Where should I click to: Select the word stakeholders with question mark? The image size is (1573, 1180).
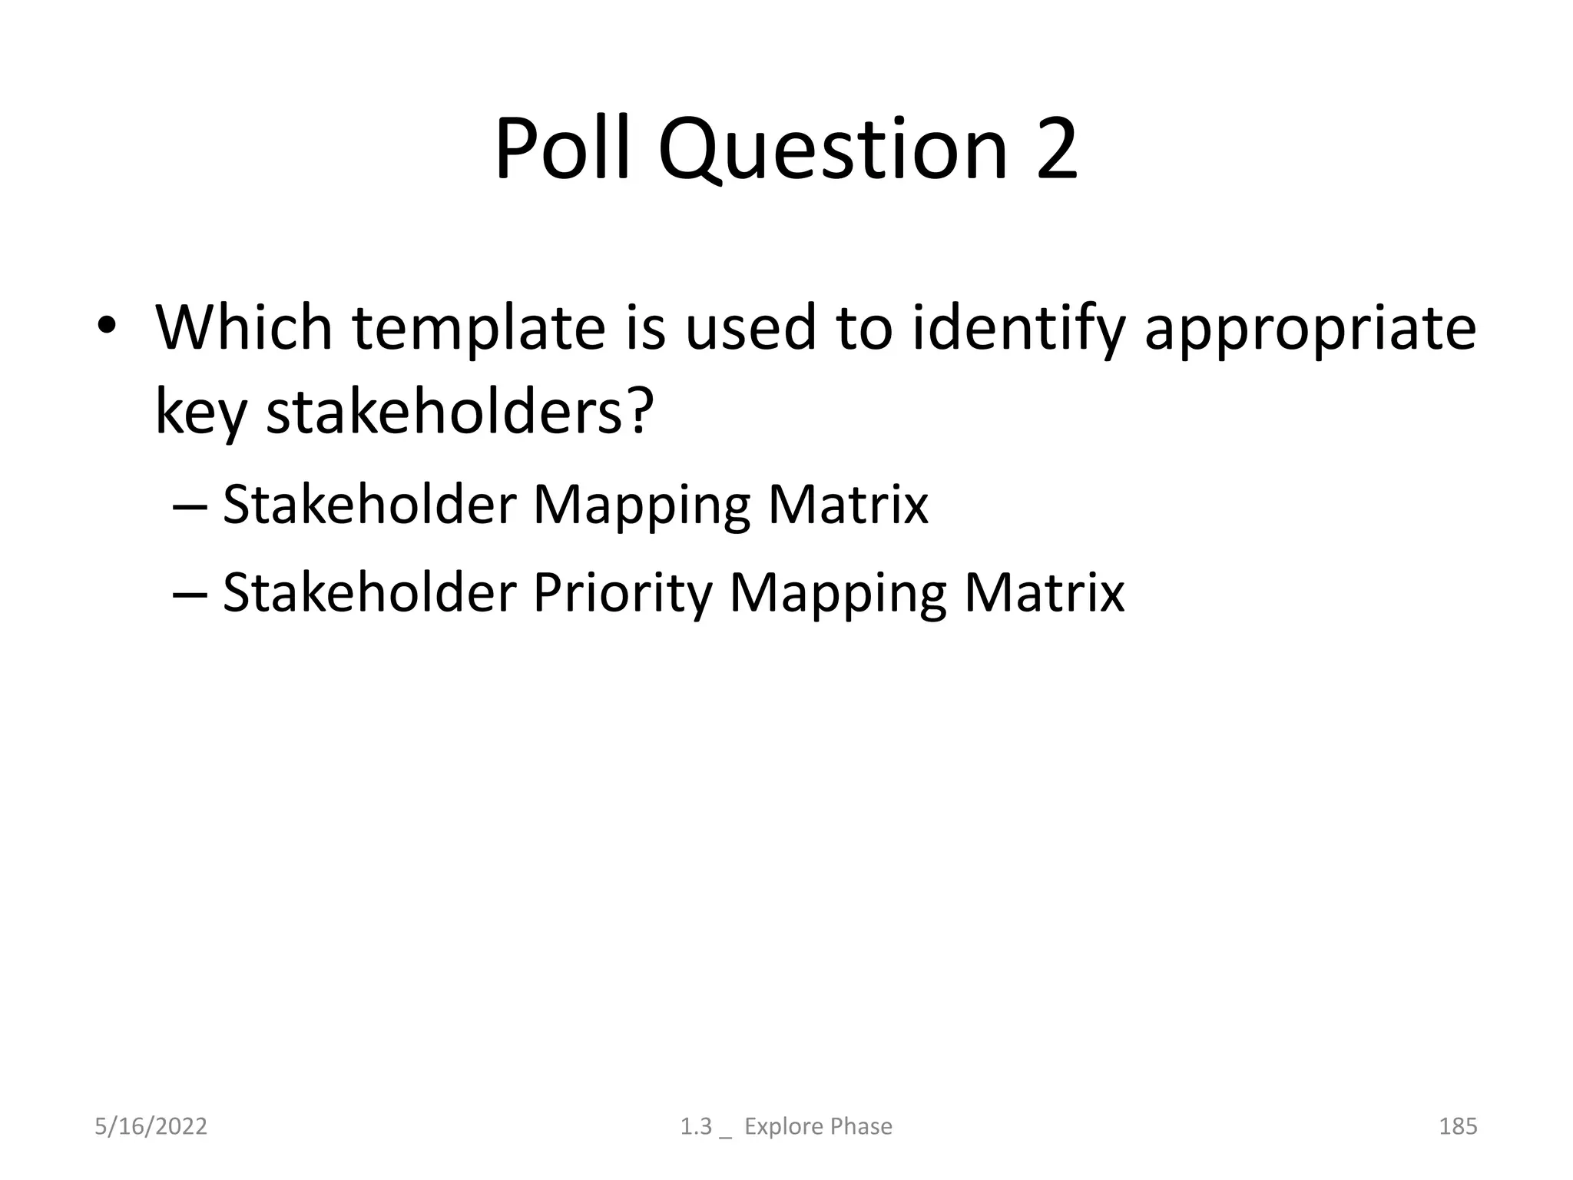(x=459, y=413)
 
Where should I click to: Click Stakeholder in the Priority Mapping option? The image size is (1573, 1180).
(x=369, y=593)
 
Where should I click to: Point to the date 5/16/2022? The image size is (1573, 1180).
(x=151, y=1126)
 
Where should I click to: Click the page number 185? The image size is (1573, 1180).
(x=1457, y=1126)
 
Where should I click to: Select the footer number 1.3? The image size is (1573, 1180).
(x=696, y=1126)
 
